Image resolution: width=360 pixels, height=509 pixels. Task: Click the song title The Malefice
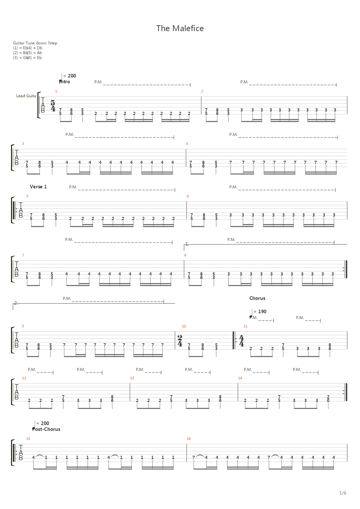pyautogui.click(x=180, y=29)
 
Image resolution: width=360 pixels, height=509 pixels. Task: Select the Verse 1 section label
pyautogui.click(x=38, y=187)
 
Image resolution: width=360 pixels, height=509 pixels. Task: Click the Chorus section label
pyautogui.click(x=257, y=298)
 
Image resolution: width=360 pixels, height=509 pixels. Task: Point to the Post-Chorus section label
pyautogui.click(x=46, y=429)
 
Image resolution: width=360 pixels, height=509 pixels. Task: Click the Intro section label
pyautogui.click(x=65, y=82)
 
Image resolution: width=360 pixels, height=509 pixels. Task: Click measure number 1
pyautogui.click(x=56, y=91)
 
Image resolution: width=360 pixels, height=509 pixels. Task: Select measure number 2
pyautogui.click(x=202, y=91)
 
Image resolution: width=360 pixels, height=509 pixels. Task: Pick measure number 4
pyautogui.click(x=187, y=144)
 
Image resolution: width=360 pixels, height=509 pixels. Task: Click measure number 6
pyautogui.click(x=188, y=196)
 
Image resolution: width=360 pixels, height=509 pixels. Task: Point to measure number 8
pyautogui.click(x=185, y=255)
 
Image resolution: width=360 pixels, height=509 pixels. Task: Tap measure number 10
pyautogui.click(x=184, y=326)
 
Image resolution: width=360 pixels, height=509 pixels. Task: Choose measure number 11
pyautogui.click(x=246, y=326)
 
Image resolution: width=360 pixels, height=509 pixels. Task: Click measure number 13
pyautogui.click(x=132, y=378)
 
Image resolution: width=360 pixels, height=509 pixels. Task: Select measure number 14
pyautogui.click(x=240, y=378)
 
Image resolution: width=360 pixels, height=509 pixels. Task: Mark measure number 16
pyautogui.click(x=189, y=439)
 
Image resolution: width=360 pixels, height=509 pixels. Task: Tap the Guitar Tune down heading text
pyautogui.click(x=35, y=43)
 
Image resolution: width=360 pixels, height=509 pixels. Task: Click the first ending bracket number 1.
pyautogui.click(x=187, y=244)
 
